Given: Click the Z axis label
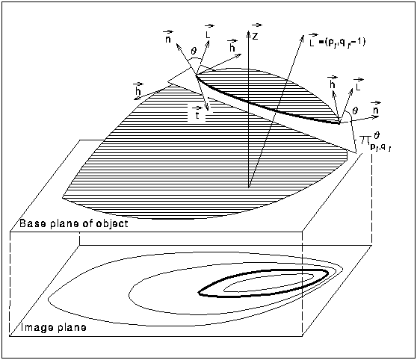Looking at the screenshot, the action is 256,36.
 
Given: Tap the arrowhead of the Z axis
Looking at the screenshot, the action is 248,33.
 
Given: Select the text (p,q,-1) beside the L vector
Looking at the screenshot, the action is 342,42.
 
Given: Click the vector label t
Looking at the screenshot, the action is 197,115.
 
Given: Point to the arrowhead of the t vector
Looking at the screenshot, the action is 207,108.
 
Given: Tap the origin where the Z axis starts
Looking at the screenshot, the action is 248,187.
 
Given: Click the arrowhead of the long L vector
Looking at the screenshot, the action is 302,37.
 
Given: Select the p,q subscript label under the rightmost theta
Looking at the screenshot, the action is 380,147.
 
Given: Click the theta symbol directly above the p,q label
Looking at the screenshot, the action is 377,136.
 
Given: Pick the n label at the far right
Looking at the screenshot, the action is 375,111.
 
